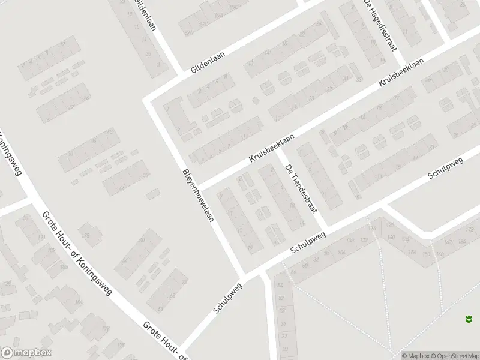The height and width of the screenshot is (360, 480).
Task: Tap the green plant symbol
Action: click(469, 319)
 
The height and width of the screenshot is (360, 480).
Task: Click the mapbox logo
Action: click(26, 353)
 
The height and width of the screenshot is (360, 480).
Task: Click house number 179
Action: click(85, 234)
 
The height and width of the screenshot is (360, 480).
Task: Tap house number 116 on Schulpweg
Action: click(373, 229)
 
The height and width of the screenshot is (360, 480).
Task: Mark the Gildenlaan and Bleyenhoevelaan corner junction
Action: click(148, 99)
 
